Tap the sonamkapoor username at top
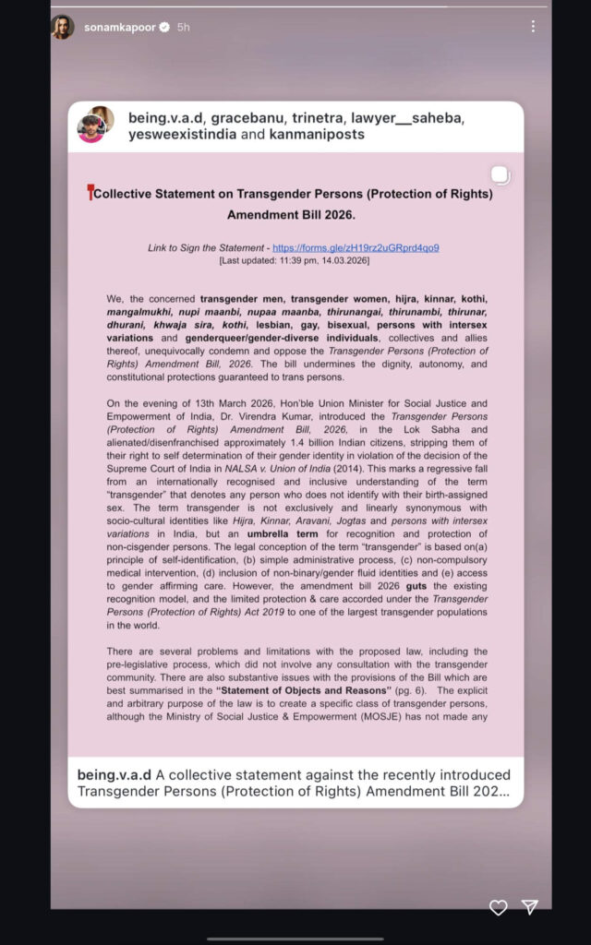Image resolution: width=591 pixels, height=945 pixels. tap(120, 28)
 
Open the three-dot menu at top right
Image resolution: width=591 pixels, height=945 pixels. tap(533, 27)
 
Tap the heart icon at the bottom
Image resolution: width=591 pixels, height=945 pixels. tap(498, 907)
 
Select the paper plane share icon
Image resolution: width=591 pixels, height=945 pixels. tap(530, 907)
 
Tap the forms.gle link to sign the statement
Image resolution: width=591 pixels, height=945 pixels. tap(356, 248)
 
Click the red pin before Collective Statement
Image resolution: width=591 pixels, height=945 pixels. tap(90, 193)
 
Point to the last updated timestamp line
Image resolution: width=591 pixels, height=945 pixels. tap(295, 261)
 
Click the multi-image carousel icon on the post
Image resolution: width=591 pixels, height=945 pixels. tap(499, 175)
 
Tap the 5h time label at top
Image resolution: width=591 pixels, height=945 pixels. tap(183, 28)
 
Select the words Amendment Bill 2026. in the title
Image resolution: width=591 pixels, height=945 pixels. tap(291, 214)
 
